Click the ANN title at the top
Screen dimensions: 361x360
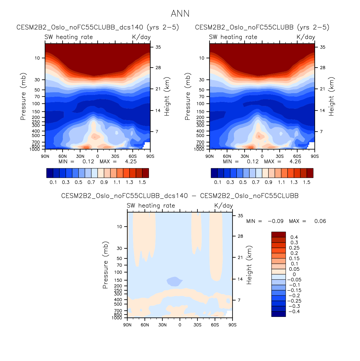[x=180, y=14]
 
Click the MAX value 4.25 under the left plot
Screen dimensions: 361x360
[x=131, y=162]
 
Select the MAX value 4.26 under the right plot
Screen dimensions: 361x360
[x=295, y=162]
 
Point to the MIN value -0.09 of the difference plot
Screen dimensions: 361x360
[x=275, y=221]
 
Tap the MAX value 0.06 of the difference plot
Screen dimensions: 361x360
[x=320, y=221]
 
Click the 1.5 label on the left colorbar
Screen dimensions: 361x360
[x=142, y=182]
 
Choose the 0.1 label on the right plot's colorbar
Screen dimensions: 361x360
[x=217, y=182]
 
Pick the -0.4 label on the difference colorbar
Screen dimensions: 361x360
[x=294, y=311]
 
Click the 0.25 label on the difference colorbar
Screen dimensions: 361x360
[x=294, y=248]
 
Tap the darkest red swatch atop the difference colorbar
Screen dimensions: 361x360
[x=278, y=234]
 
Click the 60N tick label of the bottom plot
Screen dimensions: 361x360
[x=145, y=325]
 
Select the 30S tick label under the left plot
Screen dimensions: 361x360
[x=115, y=156]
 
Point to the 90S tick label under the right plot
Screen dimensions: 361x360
[x=314, y=156]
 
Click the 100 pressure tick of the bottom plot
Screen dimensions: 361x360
[x=118, y=272]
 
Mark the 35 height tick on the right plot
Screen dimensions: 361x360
[x=322, y=47]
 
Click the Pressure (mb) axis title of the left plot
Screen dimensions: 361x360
[x=23, y=96]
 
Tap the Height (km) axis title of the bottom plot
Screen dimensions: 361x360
[x=249, y=265]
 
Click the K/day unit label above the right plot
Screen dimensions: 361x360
[x=306, y=37]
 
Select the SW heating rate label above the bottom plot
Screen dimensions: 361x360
[x=151, y=205]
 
